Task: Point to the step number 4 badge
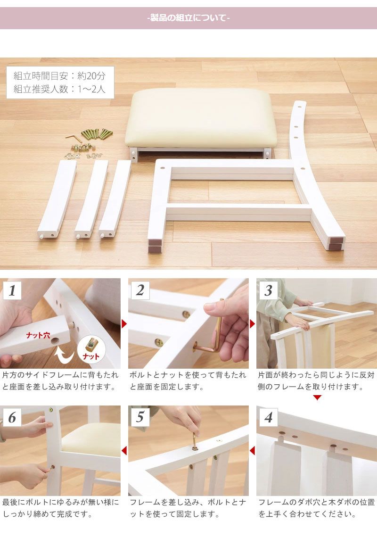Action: pyautogui.click(x=268, y=417)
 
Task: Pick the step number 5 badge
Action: pyautogui.click(x=140, y=417)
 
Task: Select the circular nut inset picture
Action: pyautogui.click(x=91, y=349)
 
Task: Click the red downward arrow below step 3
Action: pyautogui.click(x=317, y=398)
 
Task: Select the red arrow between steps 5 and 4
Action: pyautogui.click(x=253, y=451)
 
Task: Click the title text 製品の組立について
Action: pyautogui.click(x=188, y=18)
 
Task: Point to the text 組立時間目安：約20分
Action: pyautogui.click(x=60, y=75)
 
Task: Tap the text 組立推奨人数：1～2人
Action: pyautogui.click(x=60, y=89)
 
